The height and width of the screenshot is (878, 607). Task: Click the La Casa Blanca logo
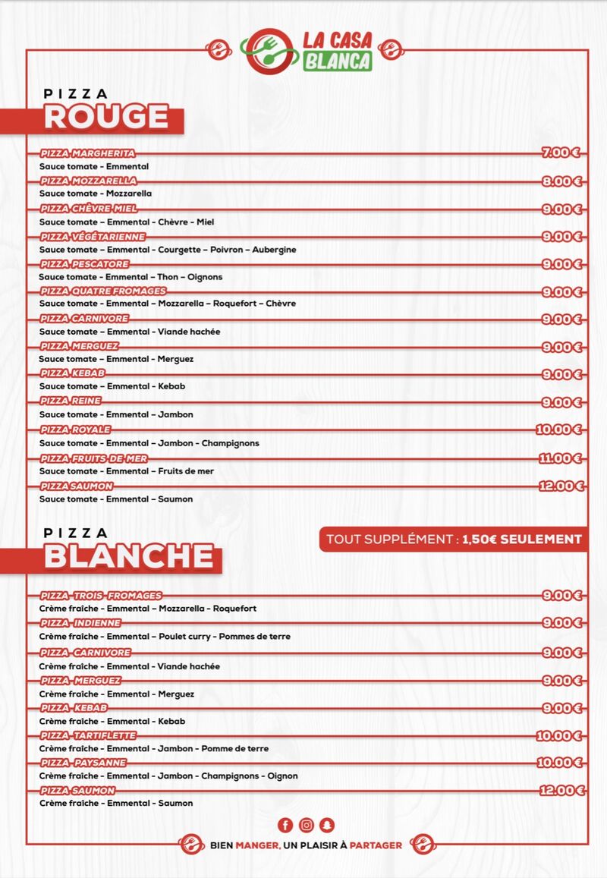308,50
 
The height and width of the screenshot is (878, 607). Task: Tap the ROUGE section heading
106,118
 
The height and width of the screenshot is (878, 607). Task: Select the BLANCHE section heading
128,556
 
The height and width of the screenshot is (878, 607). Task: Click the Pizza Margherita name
88,153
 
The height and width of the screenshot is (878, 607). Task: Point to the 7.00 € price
561,153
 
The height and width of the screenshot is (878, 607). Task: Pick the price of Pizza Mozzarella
561,181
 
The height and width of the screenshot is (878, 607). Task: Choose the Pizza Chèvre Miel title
89,209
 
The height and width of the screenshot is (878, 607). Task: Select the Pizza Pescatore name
84,264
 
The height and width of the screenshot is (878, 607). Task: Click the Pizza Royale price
558,430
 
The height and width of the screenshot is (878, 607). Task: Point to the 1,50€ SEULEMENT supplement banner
453,539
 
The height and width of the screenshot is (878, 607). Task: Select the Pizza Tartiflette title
88,735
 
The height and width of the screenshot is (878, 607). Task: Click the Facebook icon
285,825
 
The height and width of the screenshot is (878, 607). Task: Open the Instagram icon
306,825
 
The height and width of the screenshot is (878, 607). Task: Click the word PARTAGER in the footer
376,845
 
